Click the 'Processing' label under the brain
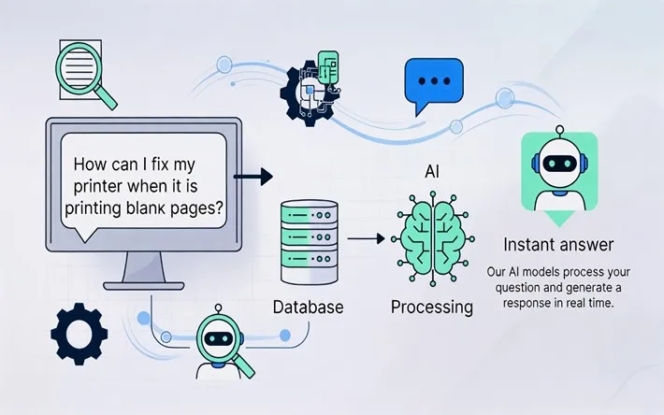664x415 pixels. pos(431,307)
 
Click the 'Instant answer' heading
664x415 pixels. pos(558,245)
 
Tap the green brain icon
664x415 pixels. pos(431,234)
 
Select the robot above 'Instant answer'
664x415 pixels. pos(558,174)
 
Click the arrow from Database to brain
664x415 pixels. pos(367,240)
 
